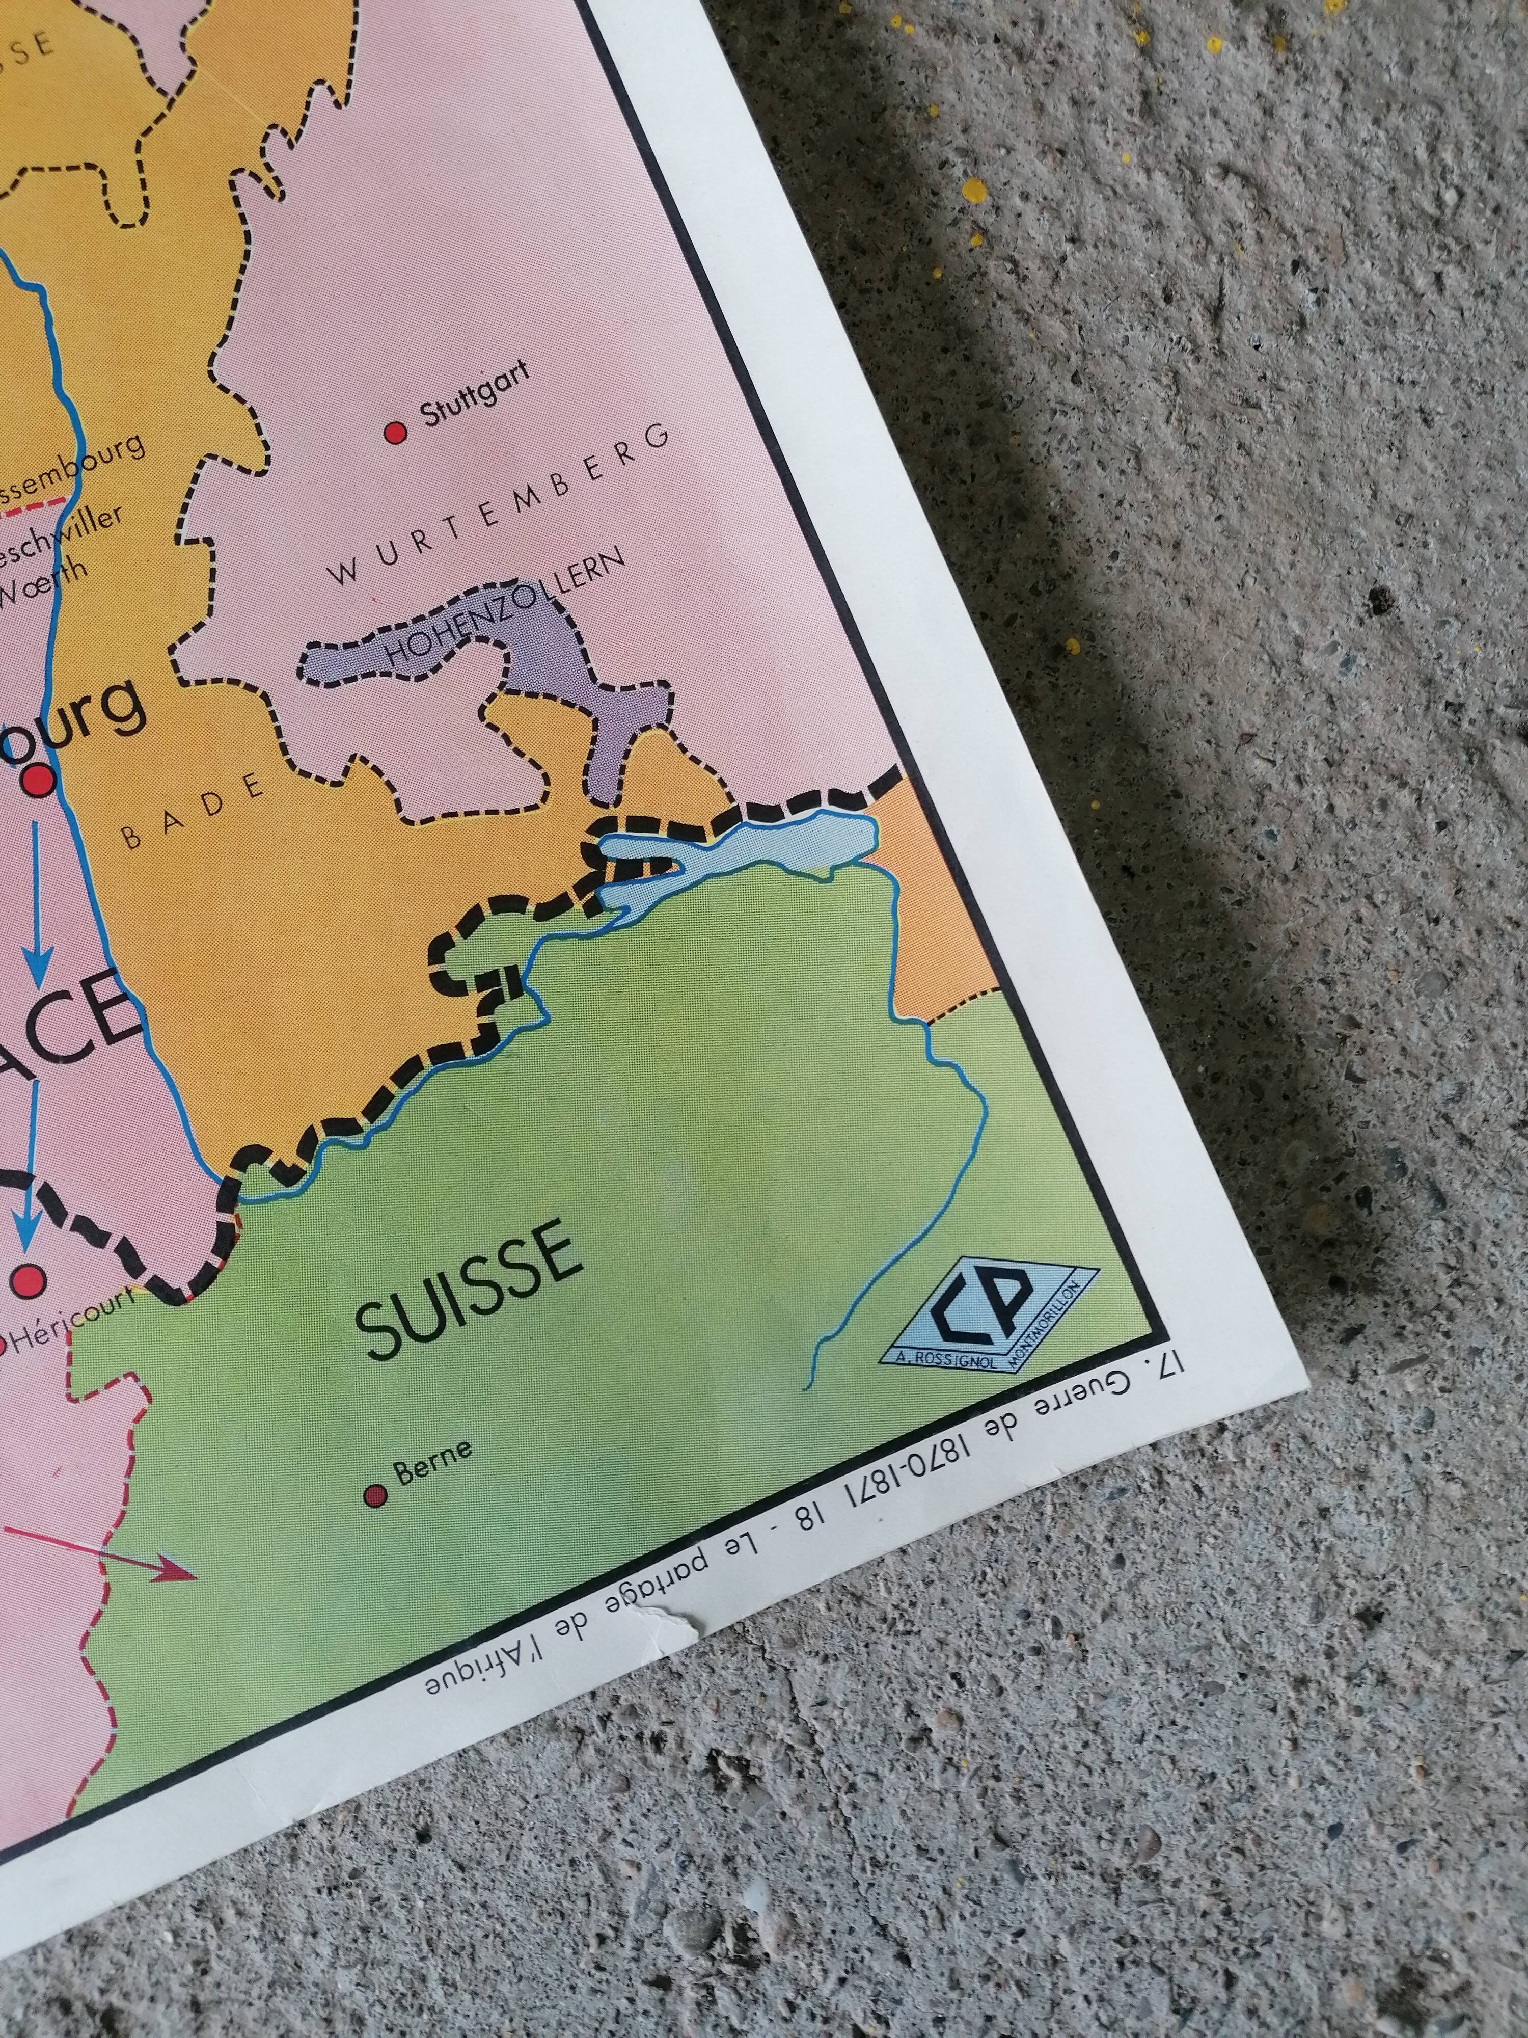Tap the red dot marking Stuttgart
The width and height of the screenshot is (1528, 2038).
point(396,432)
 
